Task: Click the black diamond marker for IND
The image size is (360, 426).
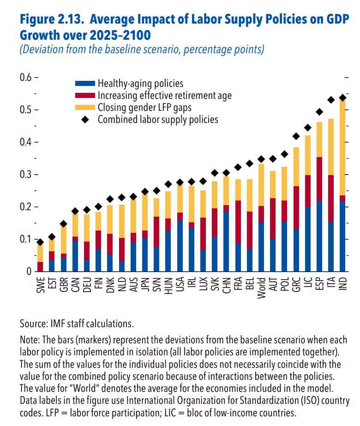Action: [x=342, y=98]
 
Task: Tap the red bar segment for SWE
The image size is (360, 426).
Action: [x=41, y=267]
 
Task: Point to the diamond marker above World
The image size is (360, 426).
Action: [x=261, y=159]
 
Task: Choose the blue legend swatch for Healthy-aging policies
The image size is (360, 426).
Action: [x=84, y=84]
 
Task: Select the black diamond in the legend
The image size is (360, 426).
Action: [x=84, y=120]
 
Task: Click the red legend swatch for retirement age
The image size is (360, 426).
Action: [x=84, y=96]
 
